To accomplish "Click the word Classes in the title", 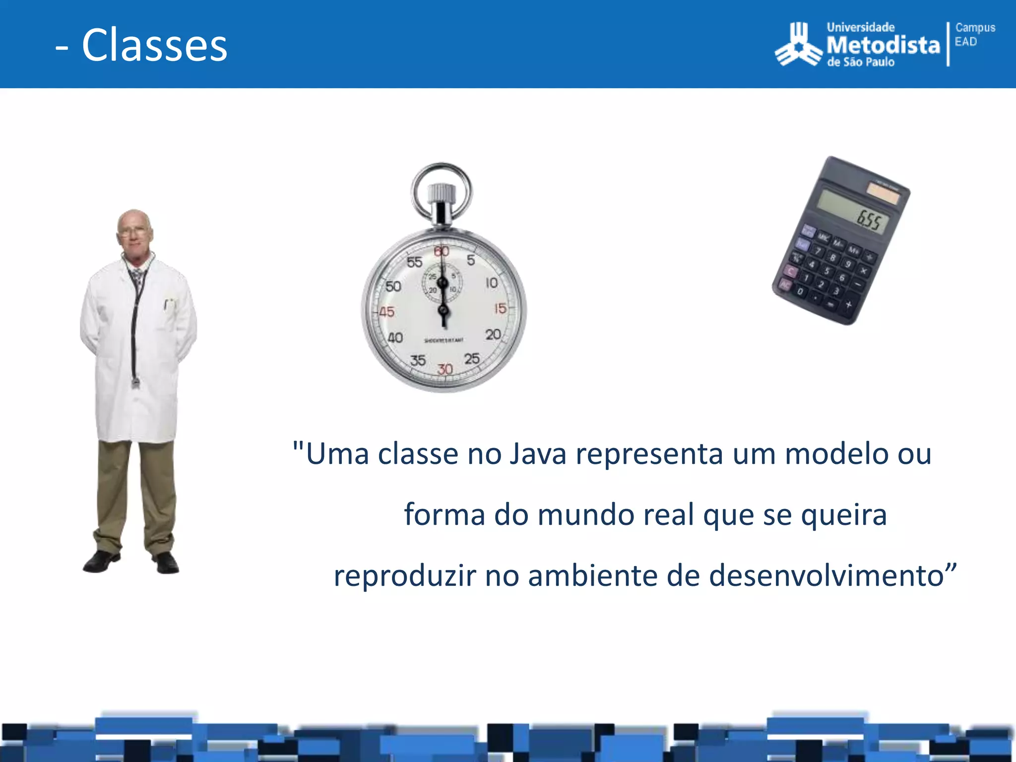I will (x=154, y=45).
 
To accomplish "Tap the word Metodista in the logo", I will (x=883, y=46).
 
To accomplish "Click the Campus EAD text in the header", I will (x=974, y=34).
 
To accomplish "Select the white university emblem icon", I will (x=798, y=45).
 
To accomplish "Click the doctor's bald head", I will (x=134, y=221).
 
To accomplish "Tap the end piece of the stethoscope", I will (x=135, y=382).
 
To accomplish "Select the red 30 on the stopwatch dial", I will (x=445, y=369).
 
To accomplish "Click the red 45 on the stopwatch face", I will (x=386, y=312).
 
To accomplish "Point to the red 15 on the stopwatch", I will (x=500, y=309).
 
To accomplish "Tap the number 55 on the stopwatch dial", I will (x=414, y=262).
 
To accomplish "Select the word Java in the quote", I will (x=538, y=453).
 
